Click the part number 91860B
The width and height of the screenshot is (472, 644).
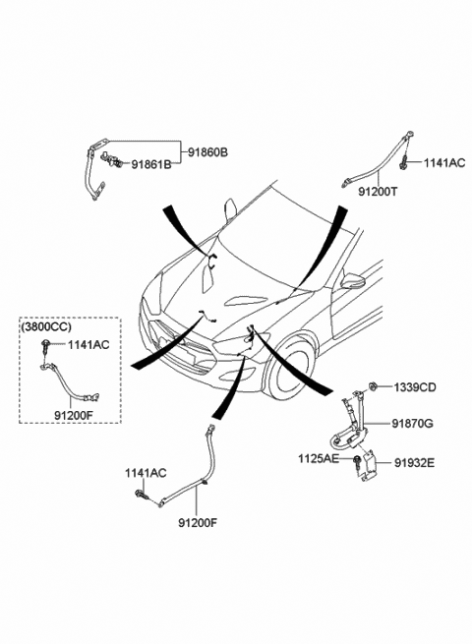coord(207,152)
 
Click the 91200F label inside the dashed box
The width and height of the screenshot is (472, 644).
coord(75,416)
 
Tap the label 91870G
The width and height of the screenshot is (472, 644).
coord(415,424)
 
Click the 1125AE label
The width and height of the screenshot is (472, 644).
coord(320,459)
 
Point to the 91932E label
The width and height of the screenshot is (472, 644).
coord(415,459)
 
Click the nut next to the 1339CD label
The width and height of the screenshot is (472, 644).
coord(374,384)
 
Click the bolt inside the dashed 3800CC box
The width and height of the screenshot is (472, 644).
coord(46,345)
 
